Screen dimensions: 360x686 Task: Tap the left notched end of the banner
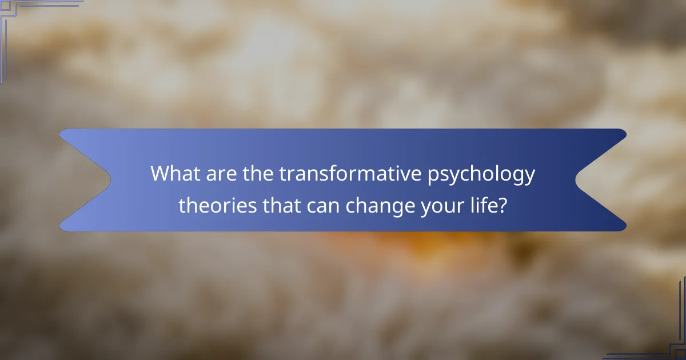coord(86,180)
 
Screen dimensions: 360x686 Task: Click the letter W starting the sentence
coord(161,174)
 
